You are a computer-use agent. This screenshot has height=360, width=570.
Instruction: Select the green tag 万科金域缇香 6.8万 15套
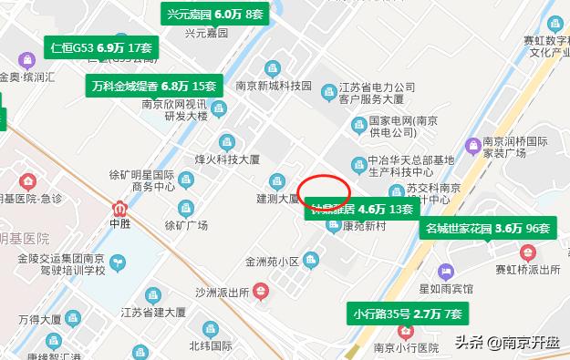point(155,86)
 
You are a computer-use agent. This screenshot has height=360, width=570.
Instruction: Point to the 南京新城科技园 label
point(273,86)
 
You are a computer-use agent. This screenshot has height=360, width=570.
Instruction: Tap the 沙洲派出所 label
point(223,293)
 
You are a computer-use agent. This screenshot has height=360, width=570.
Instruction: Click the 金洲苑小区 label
point(272,262)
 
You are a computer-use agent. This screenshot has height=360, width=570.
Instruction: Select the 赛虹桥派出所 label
point(526,271)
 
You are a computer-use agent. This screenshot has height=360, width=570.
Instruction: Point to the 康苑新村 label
point(352,226)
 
